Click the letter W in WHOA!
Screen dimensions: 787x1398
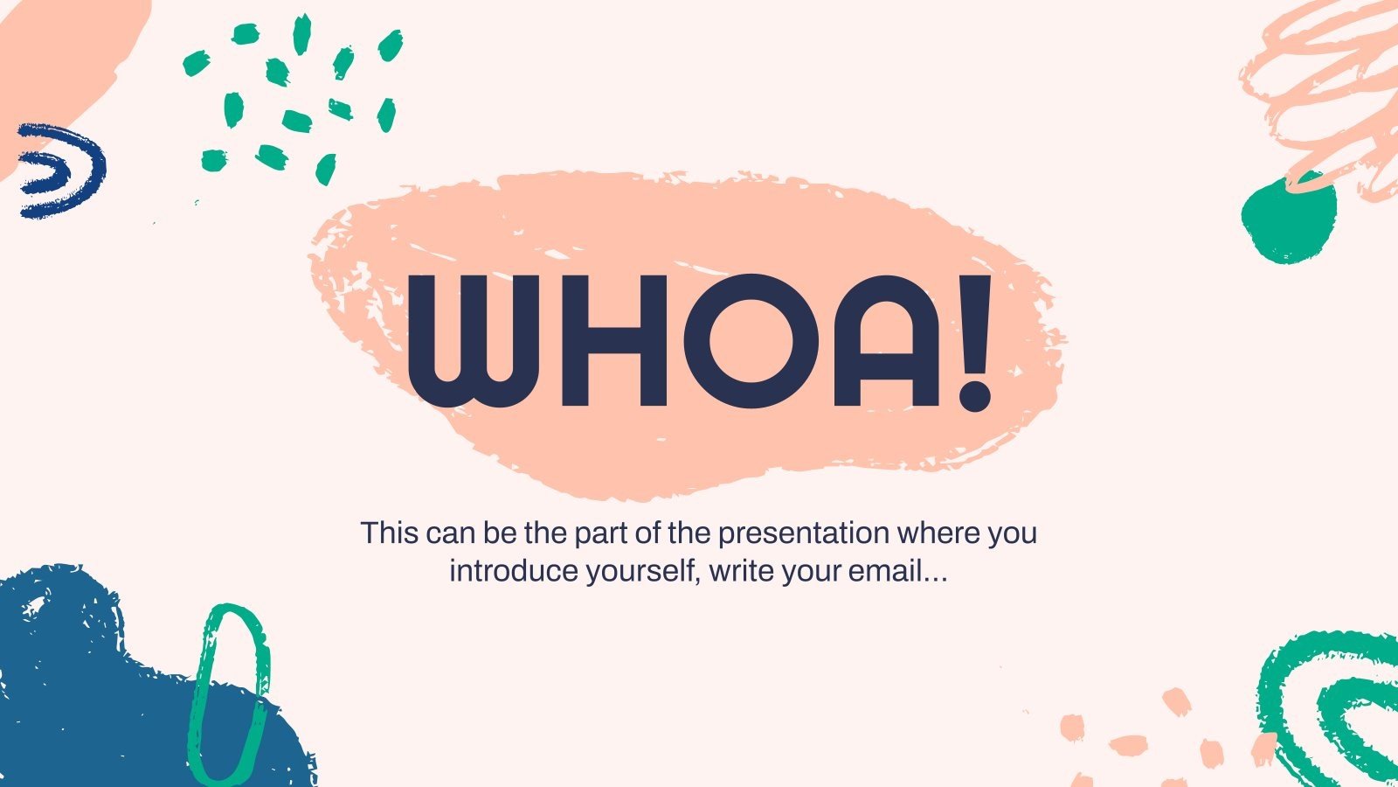tap(469, 341)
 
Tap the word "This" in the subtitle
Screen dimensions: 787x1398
tap(388, 533)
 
